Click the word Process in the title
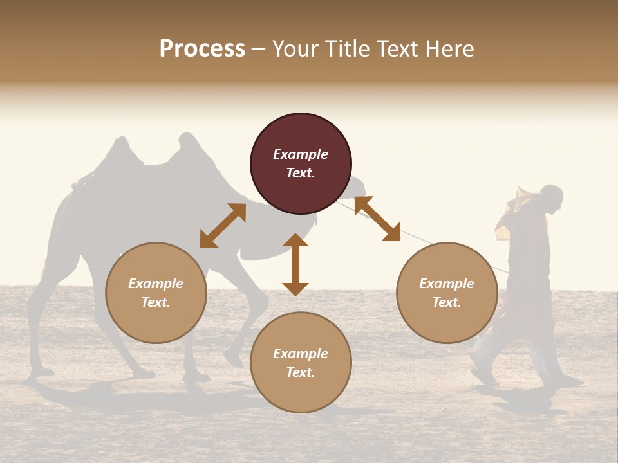coord(202,48)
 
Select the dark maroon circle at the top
coord(301,163)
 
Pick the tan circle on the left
coord(156,293)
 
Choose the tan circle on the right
coord(446,293)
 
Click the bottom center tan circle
coord(301,363)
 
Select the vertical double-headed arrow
coord(295,264)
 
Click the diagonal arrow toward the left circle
coord(223,226)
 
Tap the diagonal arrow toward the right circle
coord(377,219)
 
